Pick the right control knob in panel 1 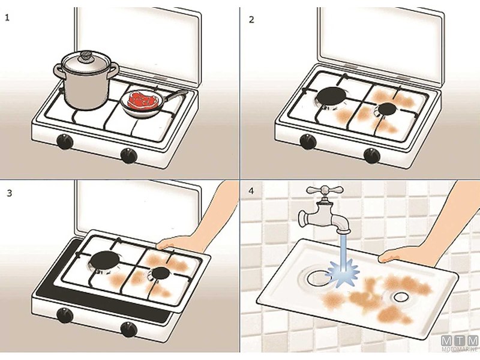(128, 155)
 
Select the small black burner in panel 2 (385, 110)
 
